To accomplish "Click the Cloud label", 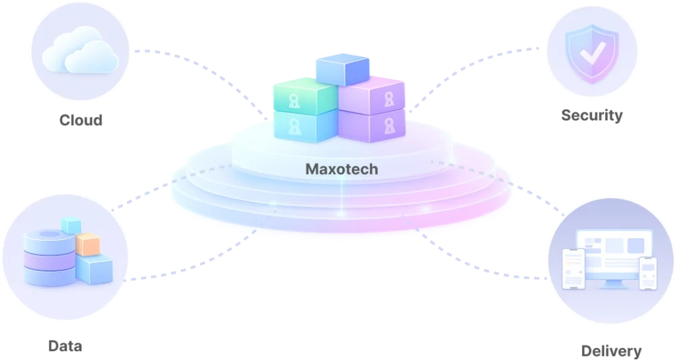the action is point(81,120).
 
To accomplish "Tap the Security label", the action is point(592,115).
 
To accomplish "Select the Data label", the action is point(65,346).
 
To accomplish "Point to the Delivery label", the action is point(611,351).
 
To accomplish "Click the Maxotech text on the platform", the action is point(342,169).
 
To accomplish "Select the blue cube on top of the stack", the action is point(342,69).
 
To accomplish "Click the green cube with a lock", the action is point(305,96).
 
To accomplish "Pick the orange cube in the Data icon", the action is point(88,244).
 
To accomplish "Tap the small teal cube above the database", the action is point(71,226).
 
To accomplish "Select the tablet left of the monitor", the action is point(573,269).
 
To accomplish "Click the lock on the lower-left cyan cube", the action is point(295,127).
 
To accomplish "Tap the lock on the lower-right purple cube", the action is point(389,126).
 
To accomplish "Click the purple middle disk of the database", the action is point(50,260).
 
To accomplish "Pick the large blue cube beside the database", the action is point(94,269).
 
